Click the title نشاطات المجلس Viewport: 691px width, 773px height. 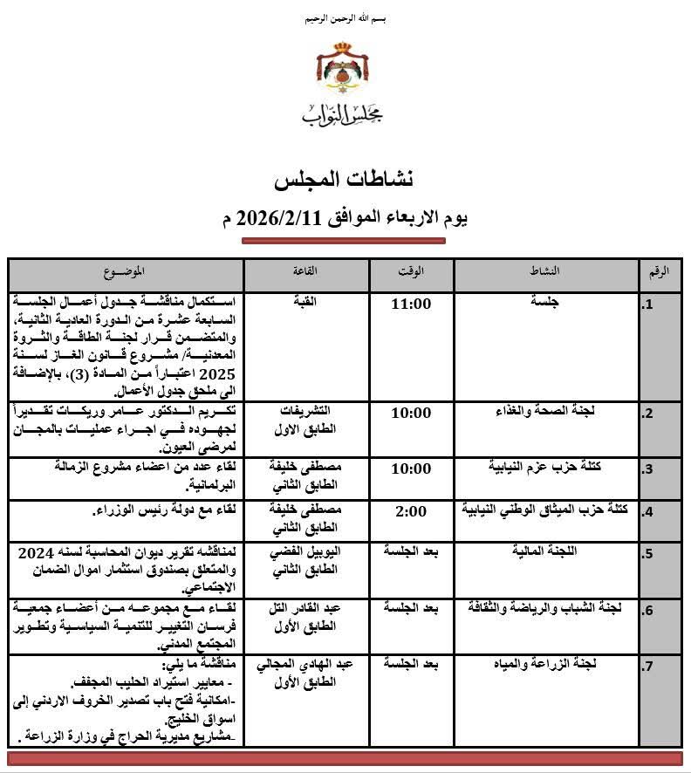click(x=343, y=180)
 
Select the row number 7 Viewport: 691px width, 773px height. click(x=647, y=668)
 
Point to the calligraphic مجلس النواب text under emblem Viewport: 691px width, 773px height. click(x=342, y=113)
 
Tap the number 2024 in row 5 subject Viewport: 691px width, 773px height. click(x=31, y=551)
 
